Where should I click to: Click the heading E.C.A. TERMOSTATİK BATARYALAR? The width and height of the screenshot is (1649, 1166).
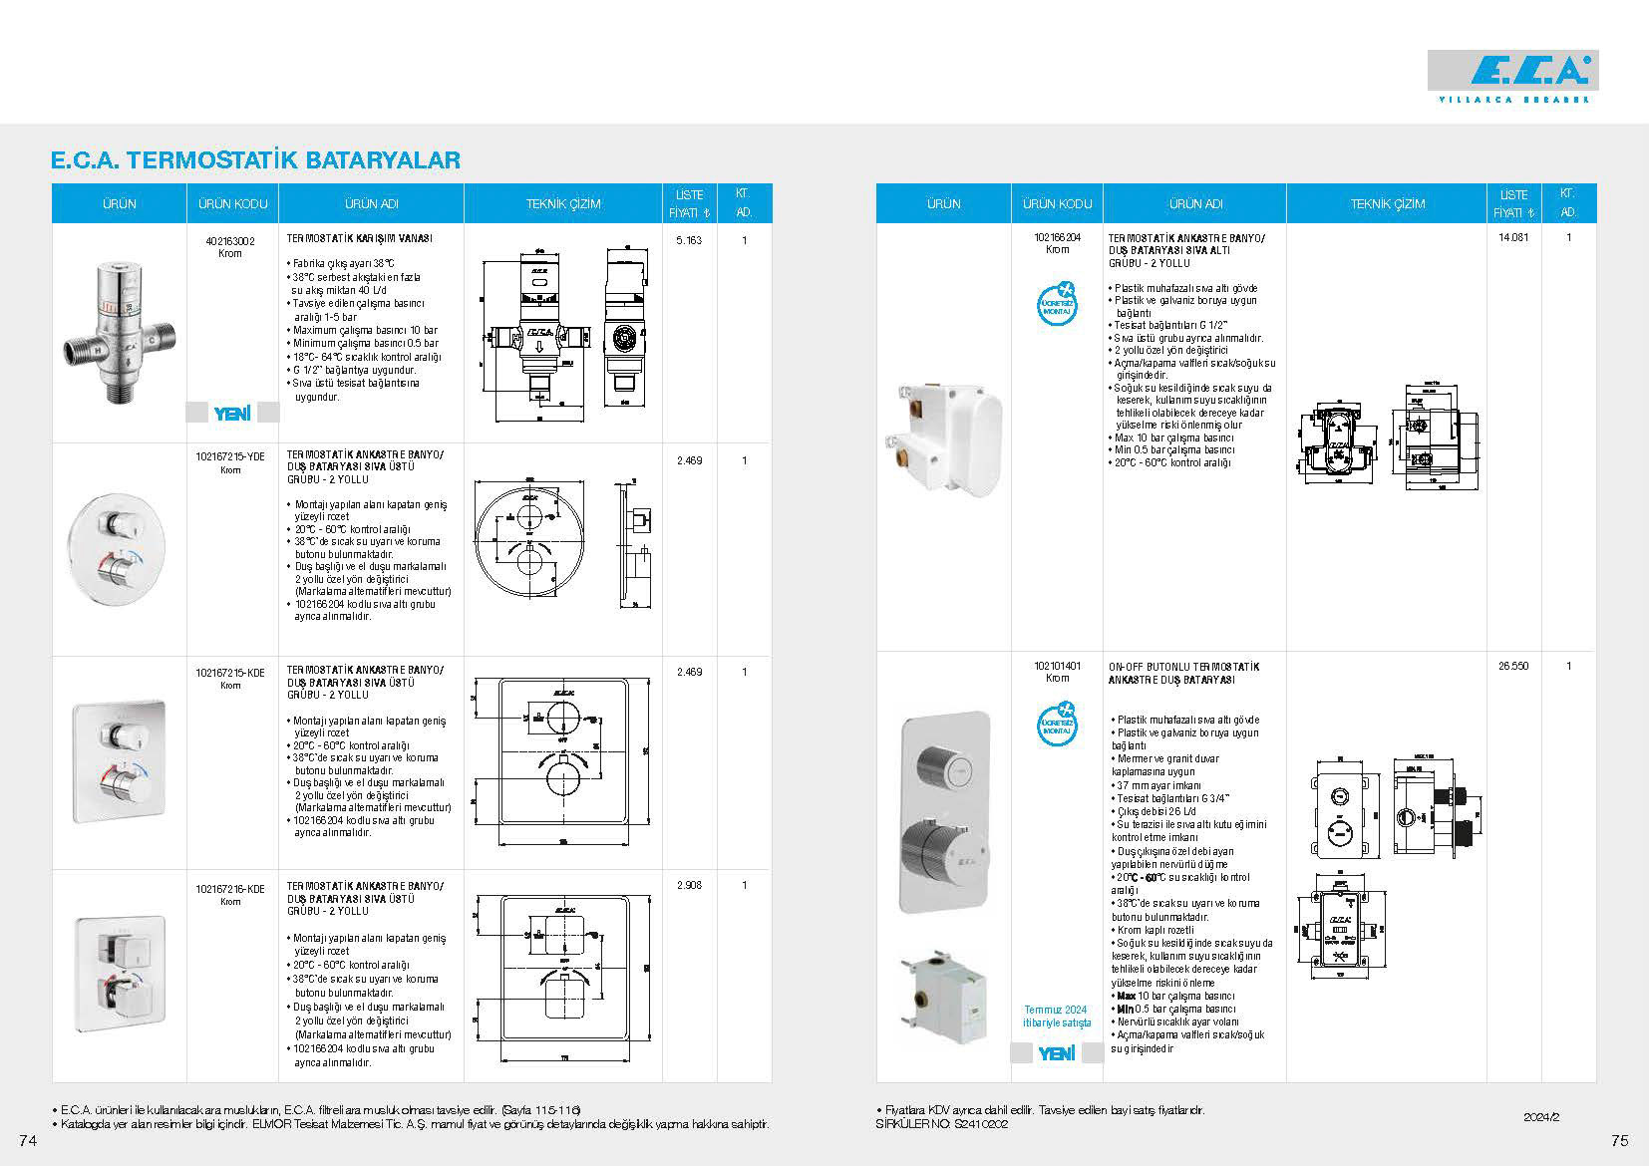[x=255, y=160]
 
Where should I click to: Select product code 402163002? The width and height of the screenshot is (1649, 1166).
[x=231, y=240]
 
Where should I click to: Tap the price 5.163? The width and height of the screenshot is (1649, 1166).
[x=689, y=240]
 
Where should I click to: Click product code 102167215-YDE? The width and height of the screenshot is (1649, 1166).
[x=231, y=456]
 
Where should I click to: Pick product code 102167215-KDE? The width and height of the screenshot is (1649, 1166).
[x=231, y=673]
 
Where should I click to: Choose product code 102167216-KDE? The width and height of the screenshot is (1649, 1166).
[x=231, y=888]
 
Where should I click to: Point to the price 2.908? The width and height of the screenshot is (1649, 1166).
[x=689, y=886]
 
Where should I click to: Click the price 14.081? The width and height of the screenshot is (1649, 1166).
[x=1513, y=238]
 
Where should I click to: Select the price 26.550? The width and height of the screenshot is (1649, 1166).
[x=1513, y=666]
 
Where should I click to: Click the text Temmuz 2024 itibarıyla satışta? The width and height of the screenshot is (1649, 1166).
[x=1057, y=1017]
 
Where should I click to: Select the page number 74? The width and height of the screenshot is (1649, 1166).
[x=27, y=1140]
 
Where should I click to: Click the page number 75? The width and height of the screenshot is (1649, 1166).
[x=1619, y=1140]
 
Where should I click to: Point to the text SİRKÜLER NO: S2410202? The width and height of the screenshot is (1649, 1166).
[x=941, y=1124]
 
